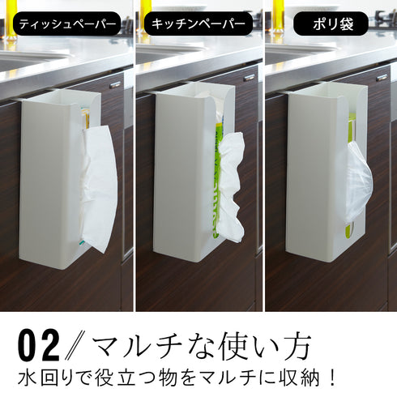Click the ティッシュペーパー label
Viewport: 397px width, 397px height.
click(66, 24)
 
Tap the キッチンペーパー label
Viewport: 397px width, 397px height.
click(198, 24)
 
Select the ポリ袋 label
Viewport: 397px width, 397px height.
click(331, 24)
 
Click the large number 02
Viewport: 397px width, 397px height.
click(39, 346)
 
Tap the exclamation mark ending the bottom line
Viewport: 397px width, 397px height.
click(332, 378)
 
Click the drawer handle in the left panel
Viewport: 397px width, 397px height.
click(115, 85)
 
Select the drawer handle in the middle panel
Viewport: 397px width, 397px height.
click(249, 78)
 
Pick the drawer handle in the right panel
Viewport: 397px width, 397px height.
click(382, 78)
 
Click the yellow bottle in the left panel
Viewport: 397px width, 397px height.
click(11, 20)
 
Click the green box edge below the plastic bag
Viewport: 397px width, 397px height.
click(349, 229)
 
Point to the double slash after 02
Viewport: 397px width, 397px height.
click(75, 346)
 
